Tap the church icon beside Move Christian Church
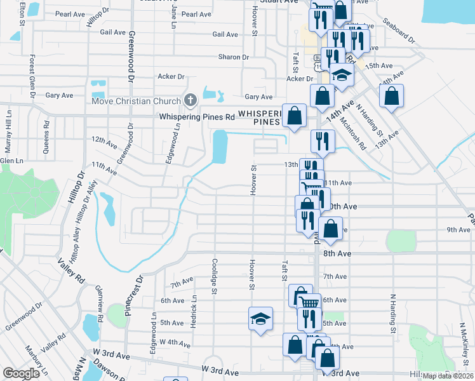(189, 100)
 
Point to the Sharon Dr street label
(234, 57)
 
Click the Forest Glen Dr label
(31, 72)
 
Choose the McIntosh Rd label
(354, 133)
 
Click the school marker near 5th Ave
(260, 319)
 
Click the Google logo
(21, 373)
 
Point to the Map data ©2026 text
(448, 376)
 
